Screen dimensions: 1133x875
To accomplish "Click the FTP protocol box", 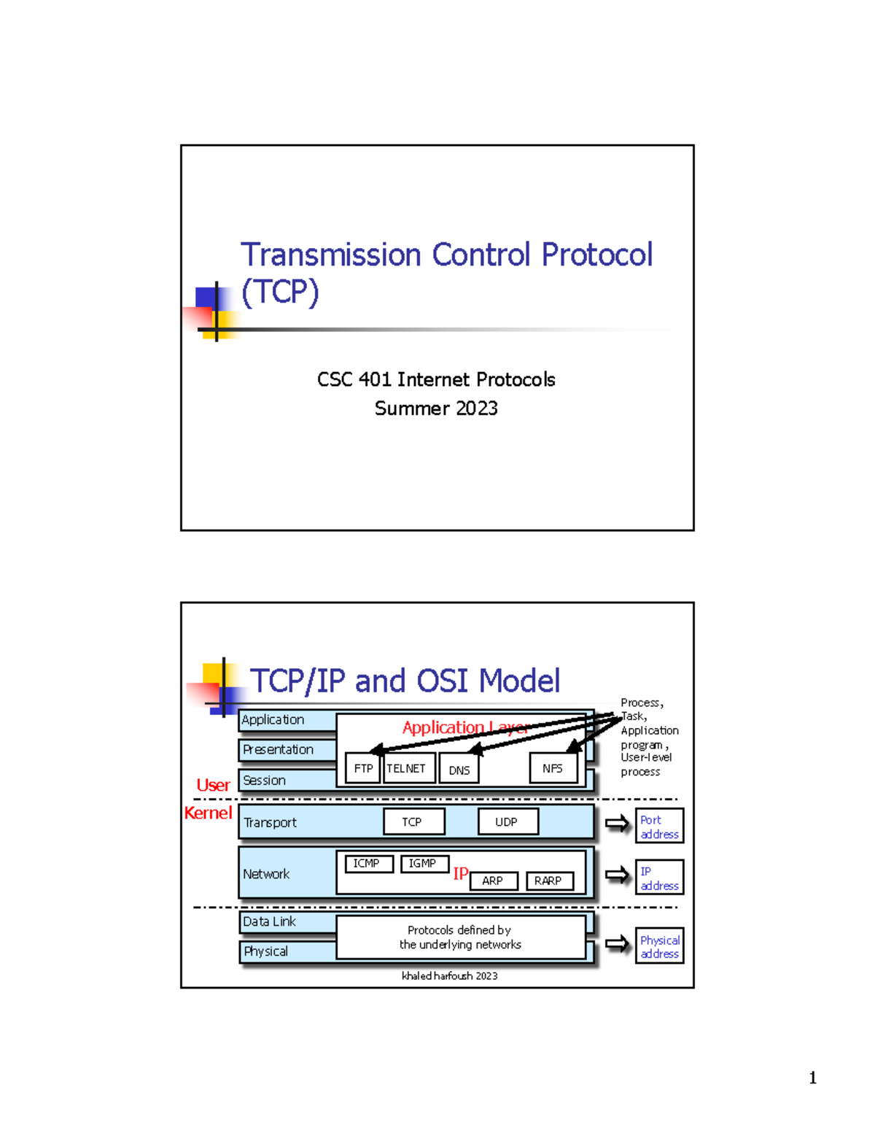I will click(362, 768).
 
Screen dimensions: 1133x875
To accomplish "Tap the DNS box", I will click(459, 770).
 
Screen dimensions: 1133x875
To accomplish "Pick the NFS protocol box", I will click(553, 768).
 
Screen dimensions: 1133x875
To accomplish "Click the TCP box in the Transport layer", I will click(413, 821).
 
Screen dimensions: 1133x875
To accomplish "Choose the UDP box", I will click(507, 821).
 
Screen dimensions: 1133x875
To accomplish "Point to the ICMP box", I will click(367, 864).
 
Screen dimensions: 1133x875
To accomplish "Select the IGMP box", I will click(424, 864).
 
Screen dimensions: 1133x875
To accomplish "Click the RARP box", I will click(549, 881).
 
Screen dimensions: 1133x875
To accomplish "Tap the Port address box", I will click(659, 827).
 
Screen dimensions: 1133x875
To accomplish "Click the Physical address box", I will click(659, 946).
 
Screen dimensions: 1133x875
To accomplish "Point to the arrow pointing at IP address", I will click(617, 875).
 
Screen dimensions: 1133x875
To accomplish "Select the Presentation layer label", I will click(279, 749).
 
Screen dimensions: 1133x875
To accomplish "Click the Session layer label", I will click(265, 780).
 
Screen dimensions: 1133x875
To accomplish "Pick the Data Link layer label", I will click(270, 921).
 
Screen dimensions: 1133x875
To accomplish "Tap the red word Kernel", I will click(208, 813).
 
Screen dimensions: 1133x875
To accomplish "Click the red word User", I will click(213, 785).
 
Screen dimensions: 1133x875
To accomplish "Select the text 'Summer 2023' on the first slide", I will click(436, 409).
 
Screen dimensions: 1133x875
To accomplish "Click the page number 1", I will click(812, 1078).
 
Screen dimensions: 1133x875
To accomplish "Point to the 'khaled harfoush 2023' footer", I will click(449, 975).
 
